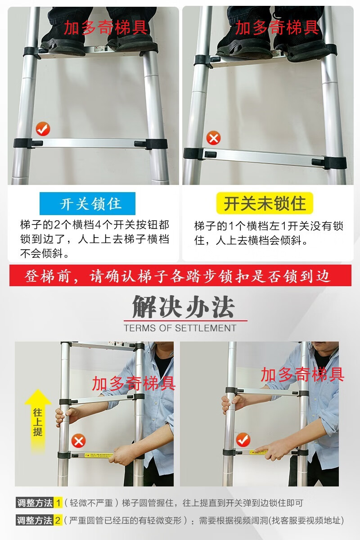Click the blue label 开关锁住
[87, 203]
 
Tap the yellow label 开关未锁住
[265, 203]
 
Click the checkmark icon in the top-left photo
[43, 129]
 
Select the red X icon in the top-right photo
[213, 138]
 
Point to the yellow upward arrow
[38, 421]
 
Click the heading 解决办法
[184, 307]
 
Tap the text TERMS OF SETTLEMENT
[180, 328]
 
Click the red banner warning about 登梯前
[180, 275]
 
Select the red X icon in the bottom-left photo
[78, 441]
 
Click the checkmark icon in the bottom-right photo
[243, 440]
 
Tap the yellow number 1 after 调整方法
[58, 503]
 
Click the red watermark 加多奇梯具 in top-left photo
[106, 28]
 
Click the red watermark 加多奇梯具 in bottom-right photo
[302, 375]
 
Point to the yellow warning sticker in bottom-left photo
[99, 455]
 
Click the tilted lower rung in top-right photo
[265, 157]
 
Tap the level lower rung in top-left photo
[90, 144]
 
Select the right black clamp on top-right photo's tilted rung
[335, 163]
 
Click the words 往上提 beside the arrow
[38, 423]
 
